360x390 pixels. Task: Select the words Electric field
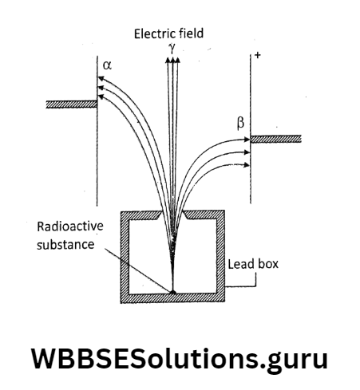coord(169,33)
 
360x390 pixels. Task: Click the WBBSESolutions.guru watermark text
coord(180,358)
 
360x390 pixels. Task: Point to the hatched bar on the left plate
coord(71,104)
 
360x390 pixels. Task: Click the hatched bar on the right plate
coord(276,139)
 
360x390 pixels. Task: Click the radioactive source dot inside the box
coord(172,291)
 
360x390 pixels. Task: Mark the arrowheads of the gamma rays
coord(171,61)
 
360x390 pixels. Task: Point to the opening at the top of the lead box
coord(172,215)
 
